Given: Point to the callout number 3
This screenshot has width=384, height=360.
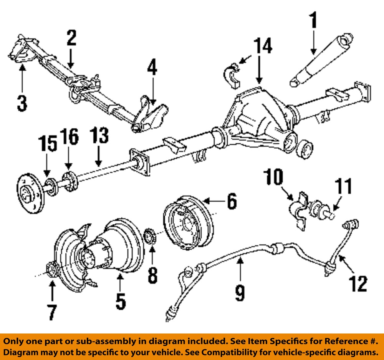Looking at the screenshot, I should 22,103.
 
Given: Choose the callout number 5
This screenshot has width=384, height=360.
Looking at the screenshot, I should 120,301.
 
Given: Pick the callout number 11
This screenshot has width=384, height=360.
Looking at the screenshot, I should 343,187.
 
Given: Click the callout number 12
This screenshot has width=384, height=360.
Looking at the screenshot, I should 358,284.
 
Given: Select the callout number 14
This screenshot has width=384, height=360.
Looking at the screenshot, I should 262,46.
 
